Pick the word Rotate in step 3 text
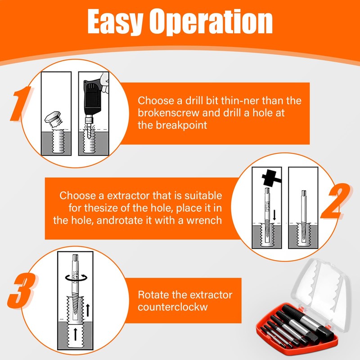pyautogui.click(x=153, y=295)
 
